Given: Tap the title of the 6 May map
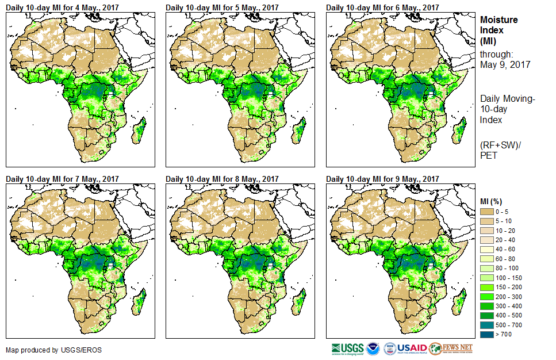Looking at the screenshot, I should pos(382,7).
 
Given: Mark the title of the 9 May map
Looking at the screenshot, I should pos(382,179).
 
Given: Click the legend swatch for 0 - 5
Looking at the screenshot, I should pos(487,212).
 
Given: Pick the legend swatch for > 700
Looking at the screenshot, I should pos(487,334).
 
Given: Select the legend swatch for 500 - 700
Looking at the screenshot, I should pos(487,324).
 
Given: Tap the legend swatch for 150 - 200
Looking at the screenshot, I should pos(487,287).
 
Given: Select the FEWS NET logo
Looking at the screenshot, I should pos(451,348).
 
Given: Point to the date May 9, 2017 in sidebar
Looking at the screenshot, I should pos(505,64).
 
